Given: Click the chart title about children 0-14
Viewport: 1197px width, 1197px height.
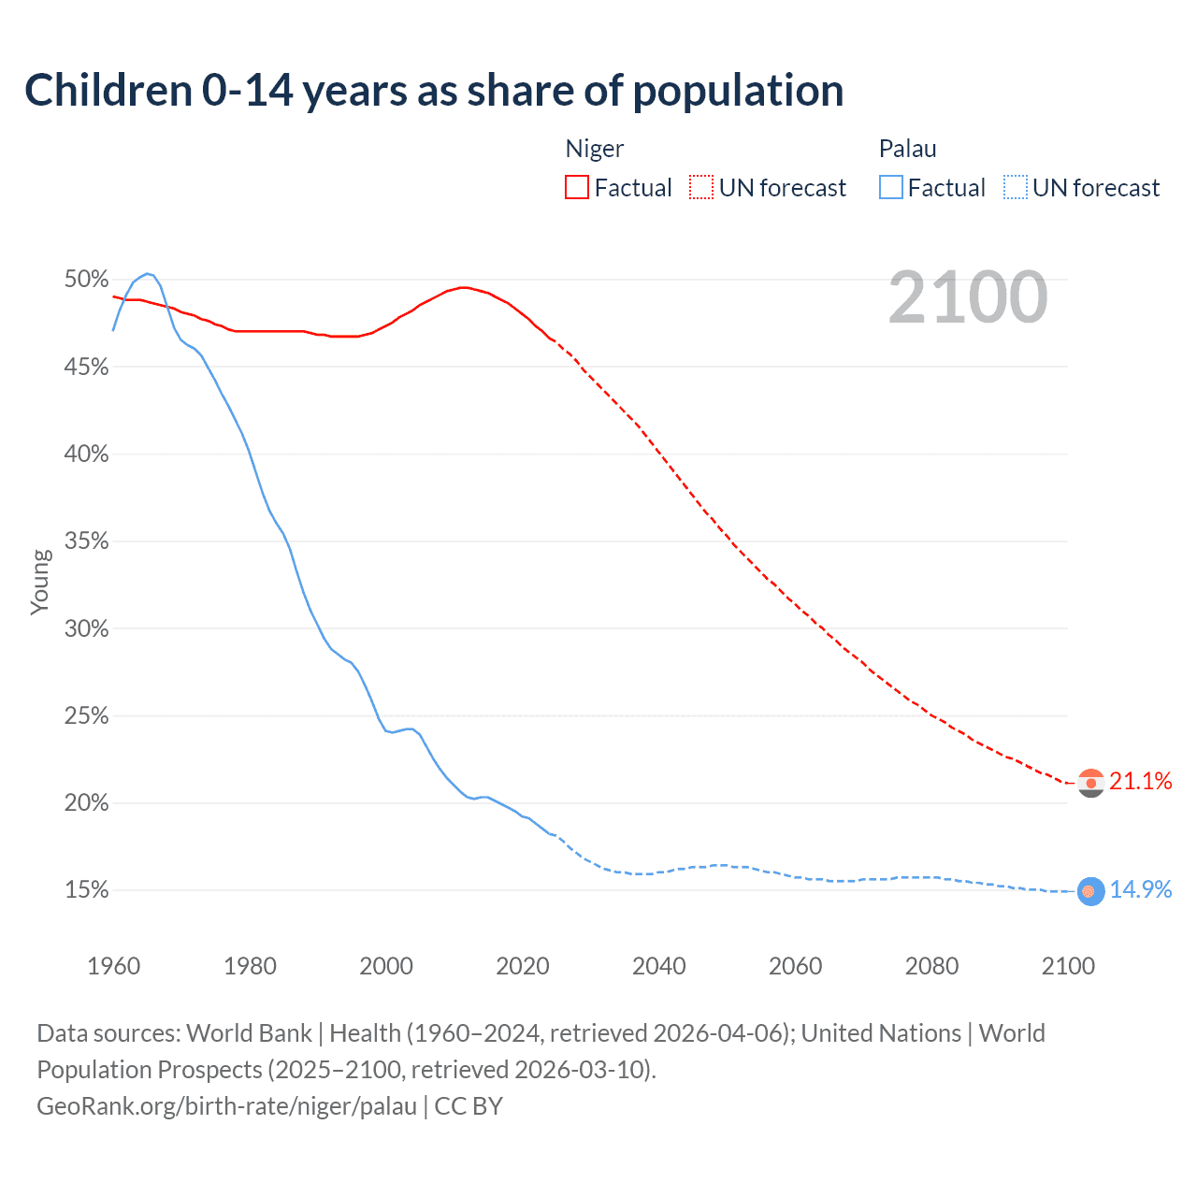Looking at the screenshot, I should pos(434,91).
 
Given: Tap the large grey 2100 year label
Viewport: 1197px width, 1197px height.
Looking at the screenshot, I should pos(968,297).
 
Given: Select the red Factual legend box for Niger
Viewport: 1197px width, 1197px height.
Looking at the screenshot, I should pos(577,188).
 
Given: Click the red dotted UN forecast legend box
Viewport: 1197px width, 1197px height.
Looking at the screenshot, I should pos(701,188).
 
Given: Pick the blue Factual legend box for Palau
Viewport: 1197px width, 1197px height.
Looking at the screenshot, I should pos(891,188).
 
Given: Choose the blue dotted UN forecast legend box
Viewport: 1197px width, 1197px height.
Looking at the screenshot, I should pos(1016,188).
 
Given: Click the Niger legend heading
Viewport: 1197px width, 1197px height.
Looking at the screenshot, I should pos(595,149).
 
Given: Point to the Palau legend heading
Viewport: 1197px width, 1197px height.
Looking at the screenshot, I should pos(907,149).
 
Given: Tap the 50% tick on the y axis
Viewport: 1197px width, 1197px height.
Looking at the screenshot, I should pos(87,280).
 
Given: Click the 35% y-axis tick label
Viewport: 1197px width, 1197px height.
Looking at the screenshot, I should pos(87,541).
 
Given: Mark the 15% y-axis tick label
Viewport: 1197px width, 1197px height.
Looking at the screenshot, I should pos(87,890).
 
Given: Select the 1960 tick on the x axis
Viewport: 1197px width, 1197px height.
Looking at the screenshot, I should pos(114,966).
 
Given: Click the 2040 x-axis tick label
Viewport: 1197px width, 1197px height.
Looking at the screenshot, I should pos(659,966).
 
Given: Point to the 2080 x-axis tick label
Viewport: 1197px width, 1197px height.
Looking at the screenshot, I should pos(931,966).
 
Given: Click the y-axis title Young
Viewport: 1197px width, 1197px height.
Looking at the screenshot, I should pos(40,582).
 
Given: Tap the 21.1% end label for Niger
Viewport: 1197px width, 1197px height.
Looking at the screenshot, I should pos(1141,782).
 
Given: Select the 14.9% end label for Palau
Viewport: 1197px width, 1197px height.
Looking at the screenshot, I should pos(1141,890).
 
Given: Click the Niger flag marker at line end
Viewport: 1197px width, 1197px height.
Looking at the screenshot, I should pos(1091,783).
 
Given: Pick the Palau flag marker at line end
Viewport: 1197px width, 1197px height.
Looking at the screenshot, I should pos(1090,891).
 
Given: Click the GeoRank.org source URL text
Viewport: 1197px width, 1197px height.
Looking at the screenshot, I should pos(227,1106).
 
